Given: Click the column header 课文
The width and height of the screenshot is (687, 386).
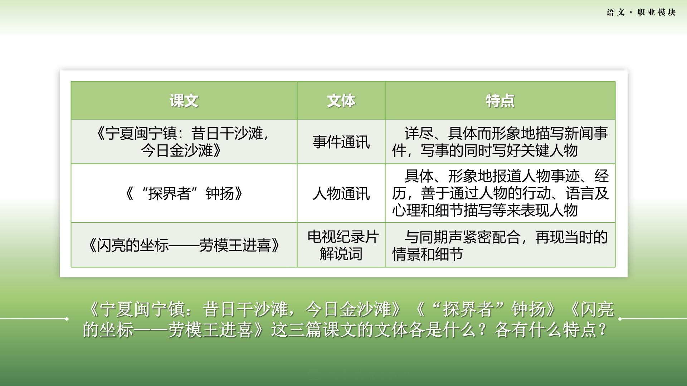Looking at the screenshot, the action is tap(184, 101).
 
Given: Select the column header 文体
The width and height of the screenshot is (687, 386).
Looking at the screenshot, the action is tap(341, 101).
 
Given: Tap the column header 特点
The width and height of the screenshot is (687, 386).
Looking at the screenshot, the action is tap(500, 101).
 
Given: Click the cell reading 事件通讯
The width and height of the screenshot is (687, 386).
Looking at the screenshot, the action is tap(341, 142).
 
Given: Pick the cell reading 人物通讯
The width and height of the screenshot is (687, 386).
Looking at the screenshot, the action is tap(341, 193).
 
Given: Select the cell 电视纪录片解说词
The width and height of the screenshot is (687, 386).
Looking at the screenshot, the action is tap(343, 245).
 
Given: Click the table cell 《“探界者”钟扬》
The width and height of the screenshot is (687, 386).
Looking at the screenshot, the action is tap(184, 193).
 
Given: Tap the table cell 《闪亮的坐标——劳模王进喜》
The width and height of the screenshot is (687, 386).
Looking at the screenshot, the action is tap(184, 245).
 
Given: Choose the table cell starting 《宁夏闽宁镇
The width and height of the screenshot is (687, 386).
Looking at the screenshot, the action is tap(184, 142).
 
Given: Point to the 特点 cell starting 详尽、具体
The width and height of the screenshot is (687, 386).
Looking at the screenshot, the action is tap(500, 142).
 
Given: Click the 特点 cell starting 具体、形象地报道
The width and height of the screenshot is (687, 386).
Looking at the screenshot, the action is tap(500, 193).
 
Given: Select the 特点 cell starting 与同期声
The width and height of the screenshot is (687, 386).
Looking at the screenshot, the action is tap(500, 245).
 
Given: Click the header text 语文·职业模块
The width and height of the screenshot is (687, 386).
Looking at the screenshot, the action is tap(641, 12).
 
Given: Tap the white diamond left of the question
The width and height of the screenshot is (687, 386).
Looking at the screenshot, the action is tap(67, 318).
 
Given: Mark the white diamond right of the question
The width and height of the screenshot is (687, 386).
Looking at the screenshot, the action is tap(620, 318).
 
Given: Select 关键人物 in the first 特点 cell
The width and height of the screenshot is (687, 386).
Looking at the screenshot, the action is tap(549, 150).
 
